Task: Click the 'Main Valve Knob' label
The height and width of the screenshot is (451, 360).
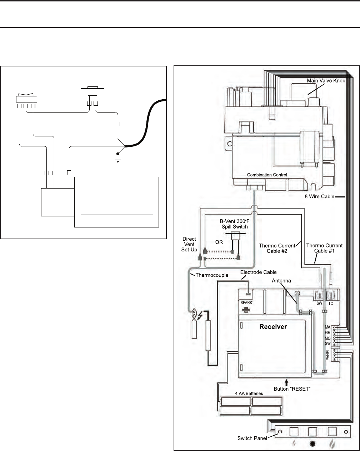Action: (x=326, y=81)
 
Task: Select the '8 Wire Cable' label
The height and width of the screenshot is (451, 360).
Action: (x=316, y=197)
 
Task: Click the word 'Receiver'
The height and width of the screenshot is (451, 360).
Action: (x=273, y=326)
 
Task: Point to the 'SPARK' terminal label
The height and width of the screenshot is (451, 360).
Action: (x=246, y=303)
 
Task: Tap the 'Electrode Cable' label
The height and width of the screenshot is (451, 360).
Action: (x=258, y=272)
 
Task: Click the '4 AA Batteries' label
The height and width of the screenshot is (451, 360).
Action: (x=249, y=394)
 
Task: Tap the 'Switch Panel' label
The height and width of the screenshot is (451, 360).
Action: (x=252, y=438)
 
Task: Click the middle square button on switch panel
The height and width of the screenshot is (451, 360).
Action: (x=312, y=432)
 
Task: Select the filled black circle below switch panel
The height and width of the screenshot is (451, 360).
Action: (x=312, y=444)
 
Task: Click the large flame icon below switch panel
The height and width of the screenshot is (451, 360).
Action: (x=332, y=444)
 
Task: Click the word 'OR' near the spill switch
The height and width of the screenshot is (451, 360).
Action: (x=219, y=242)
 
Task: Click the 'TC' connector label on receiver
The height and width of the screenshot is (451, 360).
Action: (x=331, y=304)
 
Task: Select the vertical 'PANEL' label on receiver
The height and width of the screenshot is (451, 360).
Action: (x=328, y=355)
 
